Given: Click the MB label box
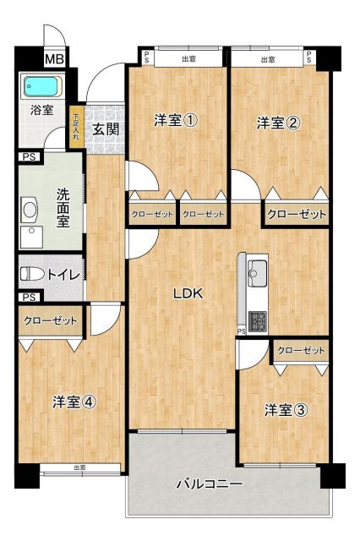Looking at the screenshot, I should (x=55, y=59).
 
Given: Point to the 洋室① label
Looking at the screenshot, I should (x=176, y=121).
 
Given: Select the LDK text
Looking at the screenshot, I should (x=187, y=294).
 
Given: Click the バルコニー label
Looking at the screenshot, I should (x=210, y=484).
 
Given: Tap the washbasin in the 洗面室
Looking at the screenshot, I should (x=30, y=209).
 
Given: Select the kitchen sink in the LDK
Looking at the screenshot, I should (x=257, y=272).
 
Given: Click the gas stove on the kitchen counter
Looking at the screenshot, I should (x=257, y=320).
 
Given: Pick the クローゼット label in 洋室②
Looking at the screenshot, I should (x=297, y=216).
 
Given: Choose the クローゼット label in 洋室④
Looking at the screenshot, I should (x=50, y=321).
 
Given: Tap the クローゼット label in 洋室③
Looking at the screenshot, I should (x=301, y=350).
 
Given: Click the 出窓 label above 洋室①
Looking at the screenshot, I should (x=188, y=59).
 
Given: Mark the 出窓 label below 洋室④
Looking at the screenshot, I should (x=79, y=467).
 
